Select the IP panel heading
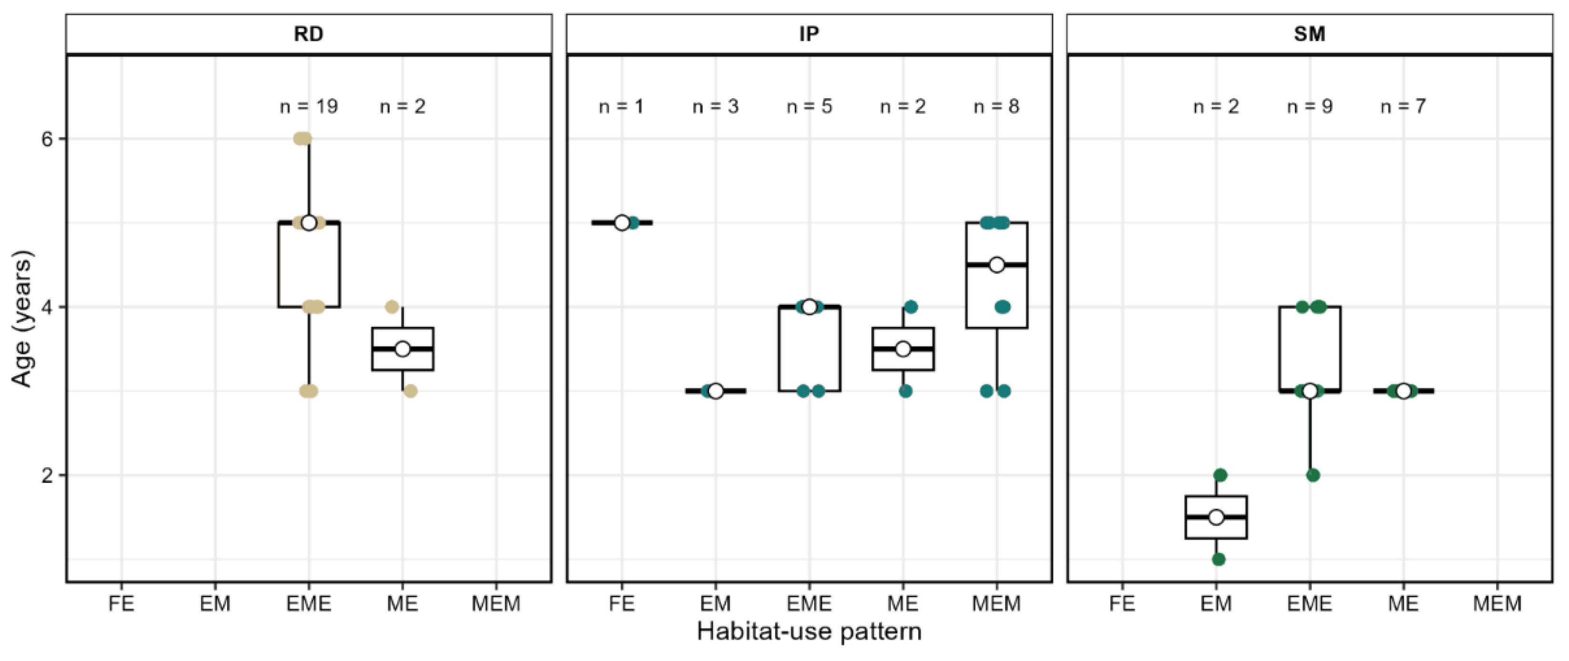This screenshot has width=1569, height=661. pos(809,34)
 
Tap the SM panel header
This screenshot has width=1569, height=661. pos(1309,34)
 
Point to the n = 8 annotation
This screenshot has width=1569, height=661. pos(997,107)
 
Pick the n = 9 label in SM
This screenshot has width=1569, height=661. pos(1309,107)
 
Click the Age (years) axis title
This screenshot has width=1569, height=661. pos(22,318)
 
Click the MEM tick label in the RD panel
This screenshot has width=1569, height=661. pos(496,604)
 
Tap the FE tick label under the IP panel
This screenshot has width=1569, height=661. pos(621,604)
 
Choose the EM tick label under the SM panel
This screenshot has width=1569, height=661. pos(1216,604)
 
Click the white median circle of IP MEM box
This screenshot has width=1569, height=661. pos(997,265)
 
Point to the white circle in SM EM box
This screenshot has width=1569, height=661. pos(1216,517)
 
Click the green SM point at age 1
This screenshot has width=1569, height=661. pos(1218,559)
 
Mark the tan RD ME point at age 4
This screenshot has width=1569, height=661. pos(392,306)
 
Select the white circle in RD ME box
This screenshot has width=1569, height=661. pos(402,349)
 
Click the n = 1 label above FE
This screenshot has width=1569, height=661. pos(621,107)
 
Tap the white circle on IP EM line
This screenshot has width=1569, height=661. pos(716,391)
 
